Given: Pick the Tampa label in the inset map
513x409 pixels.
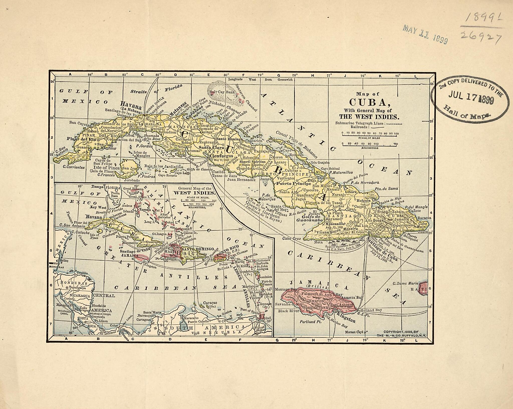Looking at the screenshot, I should click(x=98, y=187).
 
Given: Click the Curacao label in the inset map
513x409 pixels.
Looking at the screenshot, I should click(x=210, y=303).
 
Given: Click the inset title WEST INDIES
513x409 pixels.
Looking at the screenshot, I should click(x=194, y=193).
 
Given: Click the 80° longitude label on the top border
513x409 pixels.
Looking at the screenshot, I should click(x=226, y=75).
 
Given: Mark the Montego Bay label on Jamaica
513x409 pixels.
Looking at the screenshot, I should click(x=286, y=289).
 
